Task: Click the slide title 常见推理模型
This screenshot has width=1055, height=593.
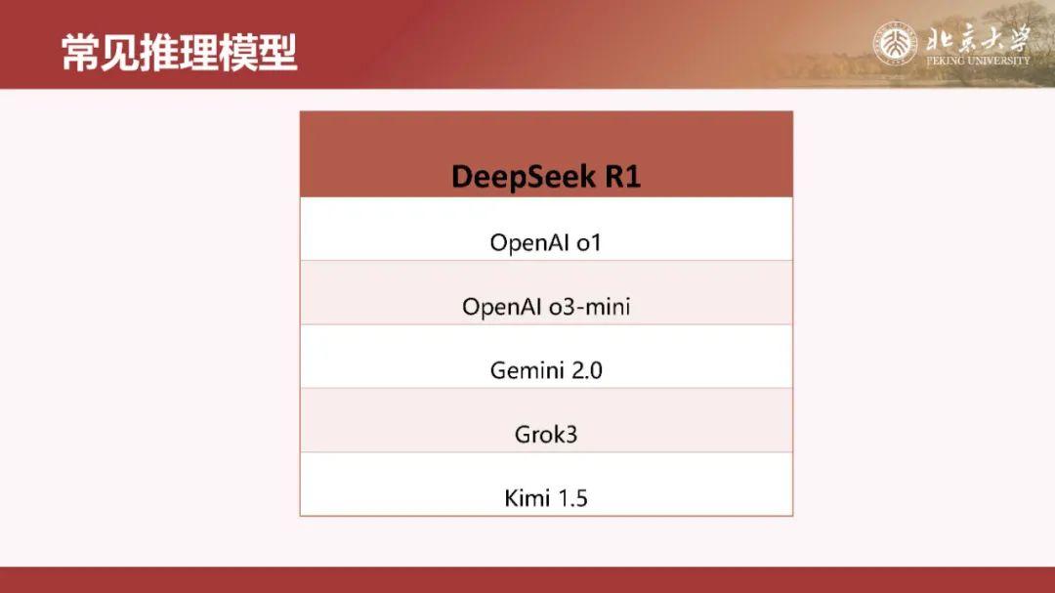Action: pos(180,53)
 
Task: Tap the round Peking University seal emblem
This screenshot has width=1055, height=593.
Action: pos(895,44)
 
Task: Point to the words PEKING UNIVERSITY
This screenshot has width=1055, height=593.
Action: pos(977,61)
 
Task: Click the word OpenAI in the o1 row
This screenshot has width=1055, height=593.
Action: pos(529,242)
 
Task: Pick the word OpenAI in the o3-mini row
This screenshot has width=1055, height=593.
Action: pos(501,307)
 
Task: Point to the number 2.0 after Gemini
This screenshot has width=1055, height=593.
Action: pos(584,371)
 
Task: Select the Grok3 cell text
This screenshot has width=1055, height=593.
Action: pos(546,435)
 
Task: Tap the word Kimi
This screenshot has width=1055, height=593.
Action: pos(527,498)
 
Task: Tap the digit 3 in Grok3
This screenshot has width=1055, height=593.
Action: pos(570,435)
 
